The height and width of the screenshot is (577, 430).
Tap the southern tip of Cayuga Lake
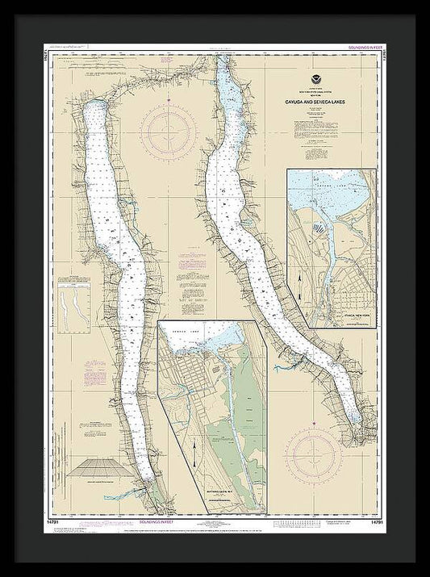357,422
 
